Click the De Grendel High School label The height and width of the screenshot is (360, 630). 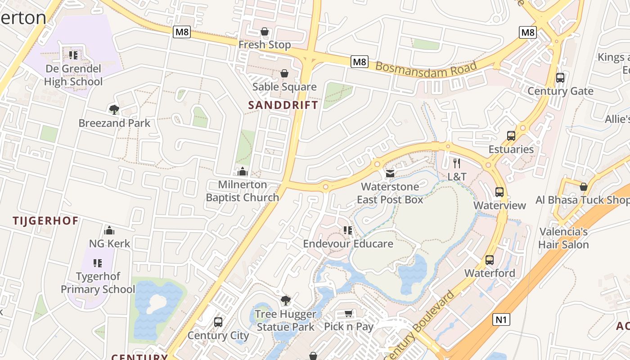(x=73, y=75)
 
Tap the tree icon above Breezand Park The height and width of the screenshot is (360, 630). (x=114, y=109)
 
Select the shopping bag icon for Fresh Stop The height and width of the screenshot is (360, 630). (x=265, y=32)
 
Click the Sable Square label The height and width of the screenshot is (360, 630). (x=284, y=87)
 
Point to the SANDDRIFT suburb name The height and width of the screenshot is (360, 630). (x=283, y=105)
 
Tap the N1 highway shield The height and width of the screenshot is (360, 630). (x=501, y=319)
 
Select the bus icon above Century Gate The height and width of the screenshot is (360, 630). (x=560, y=78)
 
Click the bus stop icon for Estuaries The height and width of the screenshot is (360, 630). (x=511, y=136)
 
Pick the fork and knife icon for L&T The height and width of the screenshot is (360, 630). (x=457, y=163)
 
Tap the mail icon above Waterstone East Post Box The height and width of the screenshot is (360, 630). (x=390, y=173)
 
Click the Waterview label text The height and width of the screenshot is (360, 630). (x=499, y=206)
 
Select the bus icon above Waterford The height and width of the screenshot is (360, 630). (x=490, y=260)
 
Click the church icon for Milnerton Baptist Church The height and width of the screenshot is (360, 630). (x=243, y=171)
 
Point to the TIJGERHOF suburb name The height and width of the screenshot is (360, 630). (x=45, y=221)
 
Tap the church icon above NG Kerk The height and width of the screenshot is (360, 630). (x=109, y=231)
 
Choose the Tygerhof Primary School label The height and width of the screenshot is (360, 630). (x=98, y=283)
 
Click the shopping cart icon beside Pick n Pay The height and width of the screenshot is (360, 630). (x=349, y=314)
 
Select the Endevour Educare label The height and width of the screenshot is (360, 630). (x=348, y=244)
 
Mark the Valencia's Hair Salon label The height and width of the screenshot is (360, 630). (x=563, y=238)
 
